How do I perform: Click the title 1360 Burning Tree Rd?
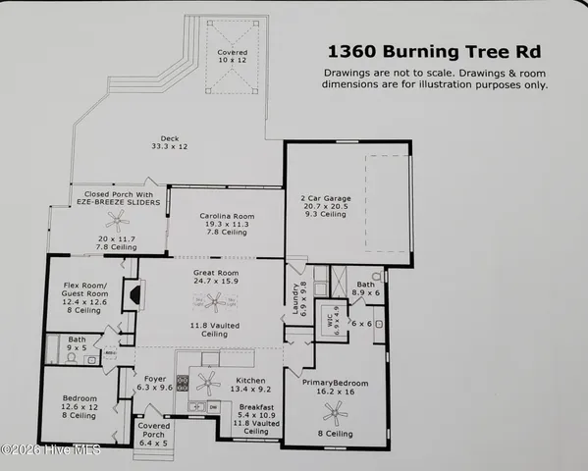436,52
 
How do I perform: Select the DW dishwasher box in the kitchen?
212,404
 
